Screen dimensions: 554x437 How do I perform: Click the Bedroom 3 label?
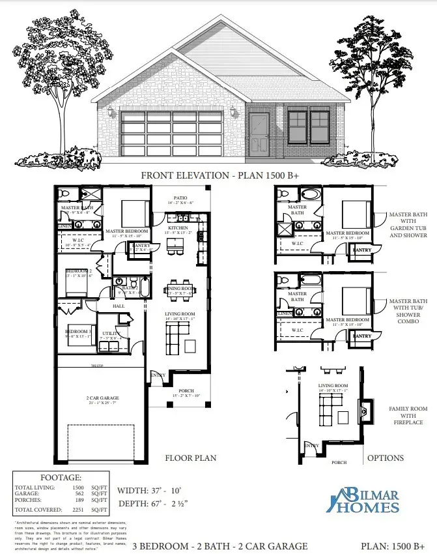77,332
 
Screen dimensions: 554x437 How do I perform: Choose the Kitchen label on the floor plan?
178,228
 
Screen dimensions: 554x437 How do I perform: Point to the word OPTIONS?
386,458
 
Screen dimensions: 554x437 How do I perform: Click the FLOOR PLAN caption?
191,458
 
